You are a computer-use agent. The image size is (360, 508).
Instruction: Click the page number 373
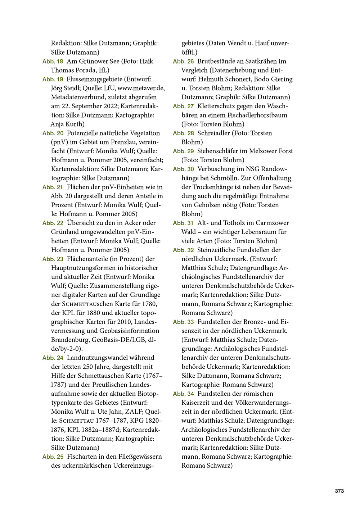pyautogui.click(x=339, y=491)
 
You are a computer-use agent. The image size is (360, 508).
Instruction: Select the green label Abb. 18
pyautogui.click(x=53, y=62)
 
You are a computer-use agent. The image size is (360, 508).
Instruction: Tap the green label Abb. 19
pyautogui.click(x=53, y=80)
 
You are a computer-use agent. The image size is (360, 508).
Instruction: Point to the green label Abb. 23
pyautogui.click(x=53, y=259)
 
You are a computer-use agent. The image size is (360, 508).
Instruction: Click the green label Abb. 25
pyautogui.click(x=53, y=457)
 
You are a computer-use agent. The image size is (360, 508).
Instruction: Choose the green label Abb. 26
pyautogui.click(x=183, y=62)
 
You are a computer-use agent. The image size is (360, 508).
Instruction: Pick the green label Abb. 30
pyautogui.click(x=183, y=169)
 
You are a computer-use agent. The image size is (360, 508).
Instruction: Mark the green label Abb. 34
pyautogui.click(x=183, y=394)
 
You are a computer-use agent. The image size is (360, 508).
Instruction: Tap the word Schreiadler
pyautogui.click(x=213, y=133)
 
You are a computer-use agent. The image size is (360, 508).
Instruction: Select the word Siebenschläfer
pyautogui.click(x=219, y=151)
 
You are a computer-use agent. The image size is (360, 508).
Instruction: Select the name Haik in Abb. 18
pyautogui.click(x=147, y=61)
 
